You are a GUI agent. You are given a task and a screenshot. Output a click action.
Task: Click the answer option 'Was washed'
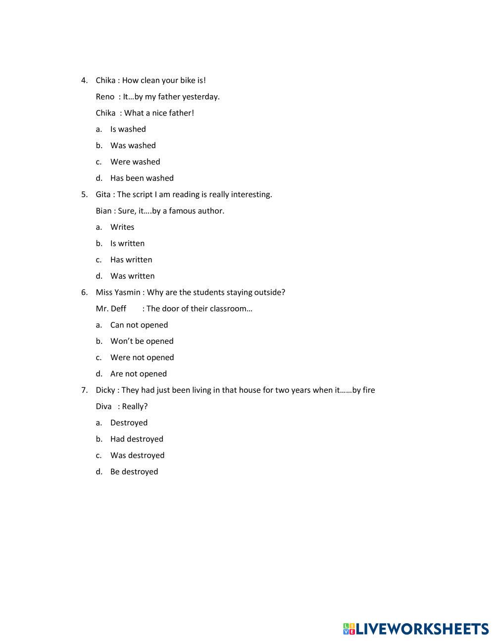tap(133, 146)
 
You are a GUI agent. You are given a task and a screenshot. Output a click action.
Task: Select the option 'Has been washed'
tap(142, 178)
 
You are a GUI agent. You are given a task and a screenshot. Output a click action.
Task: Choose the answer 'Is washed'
tap(128, 129)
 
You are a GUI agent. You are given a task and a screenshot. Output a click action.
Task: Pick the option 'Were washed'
tap(135, 162)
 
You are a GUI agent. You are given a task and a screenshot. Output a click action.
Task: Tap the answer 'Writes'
tap(122, 227)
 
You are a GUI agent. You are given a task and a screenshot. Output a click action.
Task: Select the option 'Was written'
tap(132, 276)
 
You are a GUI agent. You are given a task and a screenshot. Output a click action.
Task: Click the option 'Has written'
tap(131, 260)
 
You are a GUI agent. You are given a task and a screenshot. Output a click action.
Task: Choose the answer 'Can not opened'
tap(139, 325)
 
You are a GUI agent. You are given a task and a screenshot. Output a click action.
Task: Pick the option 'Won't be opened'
tap(142, 341)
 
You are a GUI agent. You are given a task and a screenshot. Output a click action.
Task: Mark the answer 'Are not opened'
tap(138, 374)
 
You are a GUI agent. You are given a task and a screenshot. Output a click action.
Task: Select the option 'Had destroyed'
tap(137, 439)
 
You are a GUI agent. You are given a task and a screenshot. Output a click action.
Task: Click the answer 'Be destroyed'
tap(134, 472)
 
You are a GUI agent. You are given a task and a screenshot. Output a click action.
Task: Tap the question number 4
tap(84, 80)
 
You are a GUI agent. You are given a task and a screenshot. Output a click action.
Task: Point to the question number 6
tap(84, 292)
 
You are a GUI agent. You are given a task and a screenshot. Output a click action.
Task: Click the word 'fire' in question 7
tap(369, 390)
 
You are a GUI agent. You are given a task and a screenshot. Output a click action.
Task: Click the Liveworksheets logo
tap(415, 629)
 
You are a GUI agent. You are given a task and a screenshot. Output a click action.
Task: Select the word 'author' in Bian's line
tap(211, 211)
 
